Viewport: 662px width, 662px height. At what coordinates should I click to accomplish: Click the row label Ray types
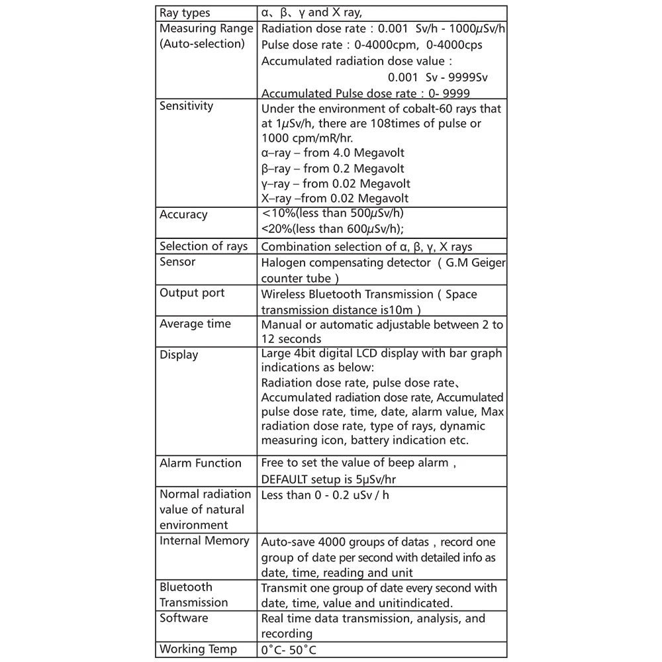(185, 13)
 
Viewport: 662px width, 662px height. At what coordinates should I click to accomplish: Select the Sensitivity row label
(187, 106)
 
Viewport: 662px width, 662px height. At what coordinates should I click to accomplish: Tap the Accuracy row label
(183, 214)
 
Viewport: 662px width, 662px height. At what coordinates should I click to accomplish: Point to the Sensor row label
(177, 261)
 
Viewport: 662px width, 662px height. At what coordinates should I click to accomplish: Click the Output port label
(192, 293)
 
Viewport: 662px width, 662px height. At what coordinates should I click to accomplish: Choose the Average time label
(195, 324)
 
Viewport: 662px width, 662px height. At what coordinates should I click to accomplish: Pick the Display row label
(179, 355)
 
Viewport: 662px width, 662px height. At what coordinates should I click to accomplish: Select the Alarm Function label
(201, 463)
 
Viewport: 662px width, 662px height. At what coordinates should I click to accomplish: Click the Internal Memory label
(205, 541)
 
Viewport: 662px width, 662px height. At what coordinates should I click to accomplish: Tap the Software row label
(184, 618)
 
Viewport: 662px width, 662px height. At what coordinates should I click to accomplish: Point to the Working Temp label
(198, 649)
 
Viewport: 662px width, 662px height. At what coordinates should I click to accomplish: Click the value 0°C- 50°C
(293, 650)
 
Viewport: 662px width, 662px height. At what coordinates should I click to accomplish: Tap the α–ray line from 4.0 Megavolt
(333, 154)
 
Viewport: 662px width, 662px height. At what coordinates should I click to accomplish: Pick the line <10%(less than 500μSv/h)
(332, 213)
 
